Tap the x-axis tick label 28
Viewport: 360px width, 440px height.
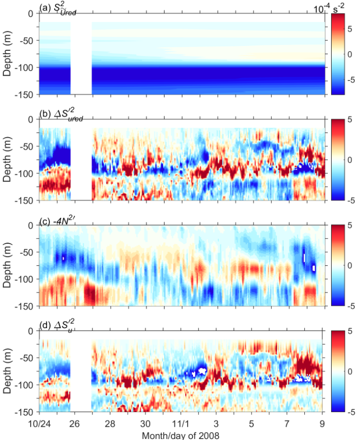110,421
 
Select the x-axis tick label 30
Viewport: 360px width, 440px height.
145,421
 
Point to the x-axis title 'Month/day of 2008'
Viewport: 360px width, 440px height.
180,434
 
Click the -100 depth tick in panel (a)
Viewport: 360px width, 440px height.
25,67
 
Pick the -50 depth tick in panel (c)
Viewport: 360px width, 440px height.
27,252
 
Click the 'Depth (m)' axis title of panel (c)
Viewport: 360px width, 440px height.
7,266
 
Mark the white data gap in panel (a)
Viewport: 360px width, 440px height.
81,54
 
